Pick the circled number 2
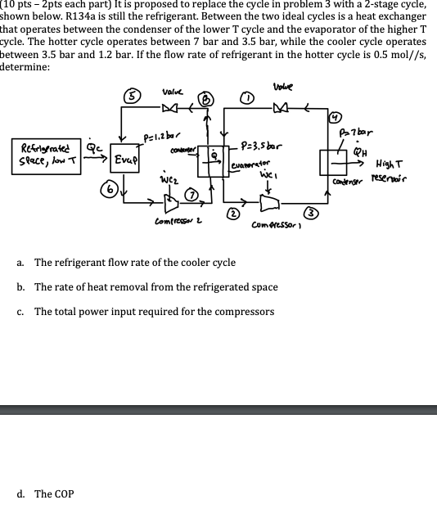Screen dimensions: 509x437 pyautogui.click(x=232, y=215)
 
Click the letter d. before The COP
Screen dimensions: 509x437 pyautogui.click(x=21, y=494)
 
